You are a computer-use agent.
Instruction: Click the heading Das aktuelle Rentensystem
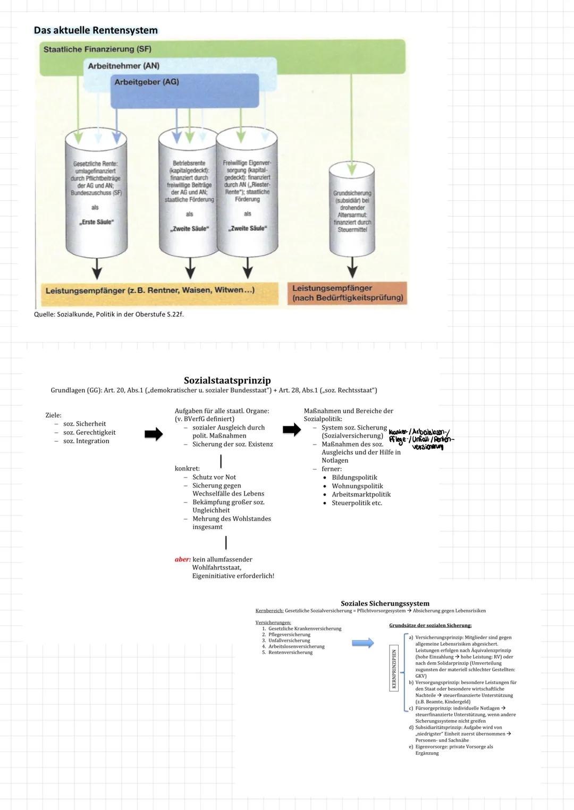click(96, 30)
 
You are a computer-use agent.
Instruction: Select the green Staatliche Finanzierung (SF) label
click(97, 49)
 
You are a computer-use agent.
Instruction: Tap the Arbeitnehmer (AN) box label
click(123, 66)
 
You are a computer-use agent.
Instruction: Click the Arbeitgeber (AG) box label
click(147, 82)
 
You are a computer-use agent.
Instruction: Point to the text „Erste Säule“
click(96, 222)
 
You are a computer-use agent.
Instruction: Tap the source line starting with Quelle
click(108, 314)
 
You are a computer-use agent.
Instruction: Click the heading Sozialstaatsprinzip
click(227, 380)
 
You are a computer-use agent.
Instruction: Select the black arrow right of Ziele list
click(154, 434)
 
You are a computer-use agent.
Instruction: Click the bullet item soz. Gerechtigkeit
click(89, 432)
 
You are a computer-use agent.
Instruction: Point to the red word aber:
click(182, 559)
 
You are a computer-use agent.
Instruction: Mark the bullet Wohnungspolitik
click(357, 486)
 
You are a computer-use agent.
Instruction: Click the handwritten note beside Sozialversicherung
click(421, 439)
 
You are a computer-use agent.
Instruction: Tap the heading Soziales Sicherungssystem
click(385, 603)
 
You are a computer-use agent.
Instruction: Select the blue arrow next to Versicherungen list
click(363, 643)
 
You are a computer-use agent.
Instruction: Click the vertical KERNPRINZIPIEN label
click(394, 669)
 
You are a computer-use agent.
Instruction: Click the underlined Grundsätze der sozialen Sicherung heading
click(430, 626)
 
